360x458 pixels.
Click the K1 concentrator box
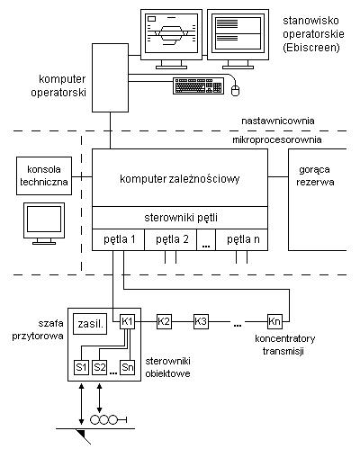tap(127, 321)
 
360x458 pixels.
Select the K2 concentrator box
tap(164, 321)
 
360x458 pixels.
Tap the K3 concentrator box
tap(201, 321)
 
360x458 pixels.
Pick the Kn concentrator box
tap(274, 321)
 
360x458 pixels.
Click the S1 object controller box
tap(81, 367)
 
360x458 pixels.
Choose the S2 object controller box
tap(100, 367)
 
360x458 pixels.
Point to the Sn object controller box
tap(128, 367)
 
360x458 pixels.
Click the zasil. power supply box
tap(90, 324)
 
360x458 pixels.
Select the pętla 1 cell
tap(118, 239)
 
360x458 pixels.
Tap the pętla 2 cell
tap(171, 239)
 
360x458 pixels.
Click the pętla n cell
tap(242, 239)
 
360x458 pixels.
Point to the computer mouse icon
tap(236, 90)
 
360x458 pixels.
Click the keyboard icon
tap(198, 85)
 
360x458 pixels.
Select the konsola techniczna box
tap(44, 175)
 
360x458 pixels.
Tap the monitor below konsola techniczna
tap(44, 224)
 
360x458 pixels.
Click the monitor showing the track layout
tap(172, 39)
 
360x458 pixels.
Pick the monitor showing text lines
tap(238, 39)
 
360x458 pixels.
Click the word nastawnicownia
tap(278, 121)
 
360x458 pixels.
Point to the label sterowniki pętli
tap(181, 218)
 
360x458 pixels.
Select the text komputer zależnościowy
tap(180, 179)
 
